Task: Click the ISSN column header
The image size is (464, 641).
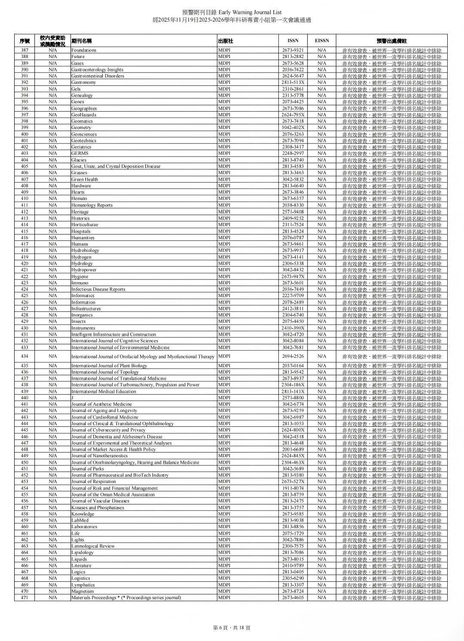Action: pyautogui.click(x=293, y=41)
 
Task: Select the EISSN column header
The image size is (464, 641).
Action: pyautogui.click(x=322, y=41)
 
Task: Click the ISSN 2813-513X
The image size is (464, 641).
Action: pyautogui.click(x=293, y=82)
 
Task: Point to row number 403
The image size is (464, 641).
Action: pyautogui.click(x=24, y=153)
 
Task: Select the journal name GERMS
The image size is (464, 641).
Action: pyautogui.click(x=80, y=153)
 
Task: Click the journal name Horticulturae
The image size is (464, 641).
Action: pyautogui.click(x=85, y=225)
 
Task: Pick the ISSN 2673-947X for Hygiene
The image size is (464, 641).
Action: pyautogui.click(x=293, y=276)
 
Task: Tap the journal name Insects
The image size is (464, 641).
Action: pyautogui.click(x=79, y=322)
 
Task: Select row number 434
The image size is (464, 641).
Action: pyautogui.click(x=24, y=356)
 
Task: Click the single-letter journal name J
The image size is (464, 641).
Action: pyautogui.click(x=72, y=398)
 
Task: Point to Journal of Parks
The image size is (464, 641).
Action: pyautogui.click(x=88, y=469)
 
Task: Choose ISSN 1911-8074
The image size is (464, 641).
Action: pyautogui.click(x=293, y=488)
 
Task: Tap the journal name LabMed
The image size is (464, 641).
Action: pyautogui.click(x=80, y=520)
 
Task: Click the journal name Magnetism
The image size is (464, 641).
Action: pyautogui.click(x=82, y=591)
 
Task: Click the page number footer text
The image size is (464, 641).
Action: pyautogui.click(x=232, y=627)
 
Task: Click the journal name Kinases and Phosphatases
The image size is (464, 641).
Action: pyautogui.click(x=98, y=507)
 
